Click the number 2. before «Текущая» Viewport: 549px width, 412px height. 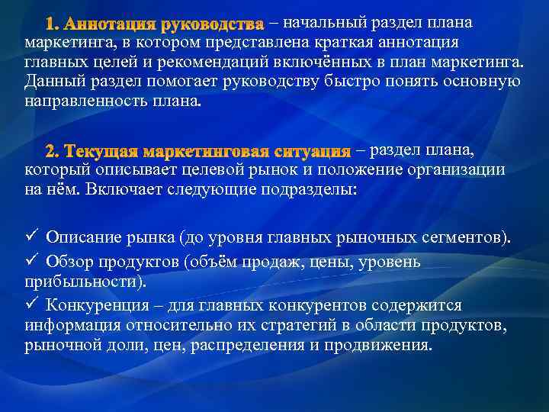53,150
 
